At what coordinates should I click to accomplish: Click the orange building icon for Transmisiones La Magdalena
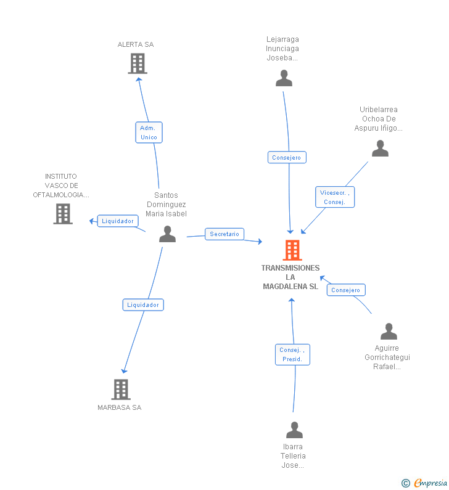click(x=292, y=250)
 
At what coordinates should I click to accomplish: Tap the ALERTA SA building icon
click(x=138, y=63)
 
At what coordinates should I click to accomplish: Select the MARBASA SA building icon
click(x=121, y=390)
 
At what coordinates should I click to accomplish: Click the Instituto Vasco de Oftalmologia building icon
click(x=63, y=214)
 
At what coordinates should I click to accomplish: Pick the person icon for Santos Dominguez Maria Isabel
click(x=167, y=234)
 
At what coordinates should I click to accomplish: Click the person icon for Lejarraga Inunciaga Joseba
click(x=284, y=78)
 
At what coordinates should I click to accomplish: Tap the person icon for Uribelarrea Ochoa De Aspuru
click(x=380, y=148)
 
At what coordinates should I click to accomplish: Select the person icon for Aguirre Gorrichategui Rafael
click(x=389, y=331)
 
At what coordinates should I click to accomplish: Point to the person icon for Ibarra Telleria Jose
click(x=295, y=430)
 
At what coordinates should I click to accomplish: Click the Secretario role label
click(x=224, y=234)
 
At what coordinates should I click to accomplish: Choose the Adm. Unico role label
click(x=149, y=133)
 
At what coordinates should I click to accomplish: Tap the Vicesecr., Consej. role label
click(x=335, y=197)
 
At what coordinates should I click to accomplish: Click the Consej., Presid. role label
click(x=293, y=354)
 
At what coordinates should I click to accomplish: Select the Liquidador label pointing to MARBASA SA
click(x=143, y=304)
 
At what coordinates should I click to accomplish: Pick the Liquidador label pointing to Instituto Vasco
click(x=118, y=221)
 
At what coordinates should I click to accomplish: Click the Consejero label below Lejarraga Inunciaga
click(x=287, y=158)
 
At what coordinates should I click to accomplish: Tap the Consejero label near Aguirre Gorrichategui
click(x=346, y=290)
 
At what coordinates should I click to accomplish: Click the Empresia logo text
click(x=430, y=483)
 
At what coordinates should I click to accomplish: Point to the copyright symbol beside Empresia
click(x=406, y=483)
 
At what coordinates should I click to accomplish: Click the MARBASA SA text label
click(x=120, y=407)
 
